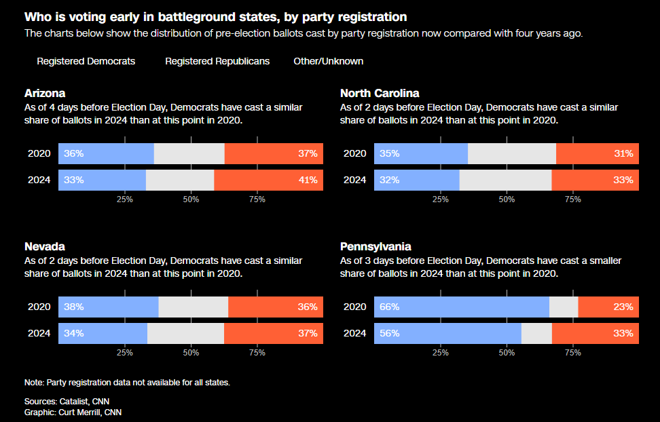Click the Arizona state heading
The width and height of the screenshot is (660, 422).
[x=45, y=93]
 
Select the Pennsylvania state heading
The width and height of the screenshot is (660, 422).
[x=375, y=246]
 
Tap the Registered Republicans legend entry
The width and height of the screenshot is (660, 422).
[x=217, y=61]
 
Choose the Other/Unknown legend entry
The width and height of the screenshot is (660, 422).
[x=328, y=61]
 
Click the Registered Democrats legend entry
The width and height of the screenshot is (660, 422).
[x=86, y=61]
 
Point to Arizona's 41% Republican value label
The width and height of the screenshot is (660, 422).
[x=308, y=180]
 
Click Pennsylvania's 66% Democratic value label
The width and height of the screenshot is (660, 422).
[x=389, y=307]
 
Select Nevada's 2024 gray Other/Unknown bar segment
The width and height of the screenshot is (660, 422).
[x=185, y=333]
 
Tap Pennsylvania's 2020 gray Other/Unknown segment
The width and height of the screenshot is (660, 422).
[x=564, y=307]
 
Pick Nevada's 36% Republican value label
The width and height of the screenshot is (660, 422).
[x=308, y=307]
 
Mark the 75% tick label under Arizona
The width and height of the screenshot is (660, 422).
[x=257, y=199]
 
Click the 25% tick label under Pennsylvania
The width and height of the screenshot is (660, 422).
[x=441, y=353]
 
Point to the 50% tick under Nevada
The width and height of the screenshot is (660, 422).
[x=191, y=353]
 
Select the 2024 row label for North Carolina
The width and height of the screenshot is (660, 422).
[x=355, y=180]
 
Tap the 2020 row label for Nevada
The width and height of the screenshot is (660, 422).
[x=39, y=307]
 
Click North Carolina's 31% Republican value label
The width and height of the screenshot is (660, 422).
[x=623, y=153]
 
